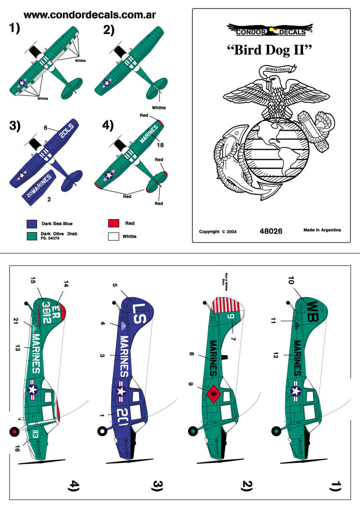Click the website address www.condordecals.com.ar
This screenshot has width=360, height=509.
pos(89,15)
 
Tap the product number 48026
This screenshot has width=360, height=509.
pos(271,231)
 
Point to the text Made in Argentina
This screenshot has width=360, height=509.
pos(322,230)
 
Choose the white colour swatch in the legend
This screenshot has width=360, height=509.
pos(113,236)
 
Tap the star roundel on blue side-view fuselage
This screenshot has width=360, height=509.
pos(120,390)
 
